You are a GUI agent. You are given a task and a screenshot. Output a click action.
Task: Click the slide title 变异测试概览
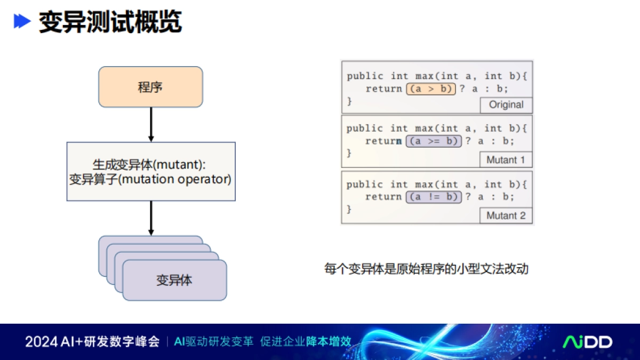point(110,22)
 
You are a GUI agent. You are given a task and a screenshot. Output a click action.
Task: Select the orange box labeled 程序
point(150,87)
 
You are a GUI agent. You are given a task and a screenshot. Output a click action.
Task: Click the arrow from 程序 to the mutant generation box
point(151,124)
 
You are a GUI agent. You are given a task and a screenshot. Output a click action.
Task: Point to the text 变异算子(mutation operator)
point(150,179)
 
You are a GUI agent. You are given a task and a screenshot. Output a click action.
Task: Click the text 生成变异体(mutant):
point(150,164)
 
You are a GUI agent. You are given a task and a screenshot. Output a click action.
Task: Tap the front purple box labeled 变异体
point(174,280)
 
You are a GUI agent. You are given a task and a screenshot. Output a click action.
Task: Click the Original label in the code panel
point(506,105)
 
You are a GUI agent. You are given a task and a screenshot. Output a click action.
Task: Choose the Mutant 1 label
point(506,159)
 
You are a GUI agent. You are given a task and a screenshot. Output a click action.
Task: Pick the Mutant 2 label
point(506,215)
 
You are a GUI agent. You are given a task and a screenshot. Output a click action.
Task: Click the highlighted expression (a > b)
point(431,89)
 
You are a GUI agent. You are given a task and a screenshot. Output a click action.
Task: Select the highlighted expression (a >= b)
point(434,141)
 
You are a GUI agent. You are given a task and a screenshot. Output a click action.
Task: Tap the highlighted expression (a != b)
point(434,197)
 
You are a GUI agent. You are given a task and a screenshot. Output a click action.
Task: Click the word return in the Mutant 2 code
point(383,197)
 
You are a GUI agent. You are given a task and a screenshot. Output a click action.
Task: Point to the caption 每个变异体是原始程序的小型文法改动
point(426,268)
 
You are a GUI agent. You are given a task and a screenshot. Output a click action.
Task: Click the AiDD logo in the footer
point(588,342)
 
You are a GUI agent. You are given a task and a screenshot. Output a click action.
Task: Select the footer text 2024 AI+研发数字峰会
point(92,342)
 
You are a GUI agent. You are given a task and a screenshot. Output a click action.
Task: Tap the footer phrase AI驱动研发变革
point(213,342)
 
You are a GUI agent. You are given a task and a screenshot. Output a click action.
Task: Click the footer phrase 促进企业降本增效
point(306,342)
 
